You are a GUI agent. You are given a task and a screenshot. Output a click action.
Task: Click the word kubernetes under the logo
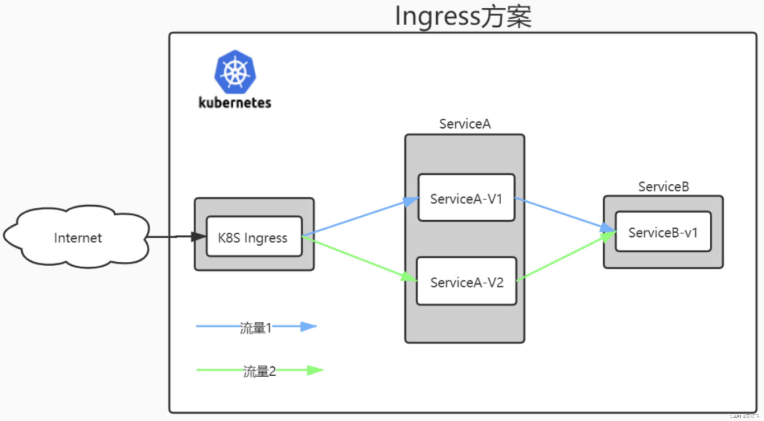(x=235, y=103)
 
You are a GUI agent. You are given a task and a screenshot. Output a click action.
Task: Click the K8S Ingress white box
(x=254, y=237)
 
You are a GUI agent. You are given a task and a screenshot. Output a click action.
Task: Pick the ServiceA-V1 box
(x=466, y=198)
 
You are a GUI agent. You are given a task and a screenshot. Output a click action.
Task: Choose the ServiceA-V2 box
(x=466, y=282)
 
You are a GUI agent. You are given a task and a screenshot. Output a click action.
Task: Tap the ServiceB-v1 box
(x=663, y=232)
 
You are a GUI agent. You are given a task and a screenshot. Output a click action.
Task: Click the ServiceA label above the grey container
(x=465, y=124)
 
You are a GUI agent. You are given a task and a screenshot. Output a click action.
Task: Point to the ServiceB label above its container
(x=663, y=187)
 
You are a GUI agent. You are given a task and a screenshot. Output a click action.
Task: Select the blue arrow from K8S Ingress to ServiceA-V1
(x=358, y=217)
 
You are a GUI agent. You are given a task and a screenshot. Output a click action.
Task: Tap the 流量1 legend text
(x=255, y=328)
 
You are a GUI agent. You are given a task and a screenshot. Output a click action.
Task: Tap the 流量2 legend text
(x=259, y=372)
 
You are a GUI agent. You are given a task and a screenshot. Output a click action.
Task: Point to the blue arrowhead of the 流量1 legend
(x=308, y=326)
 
